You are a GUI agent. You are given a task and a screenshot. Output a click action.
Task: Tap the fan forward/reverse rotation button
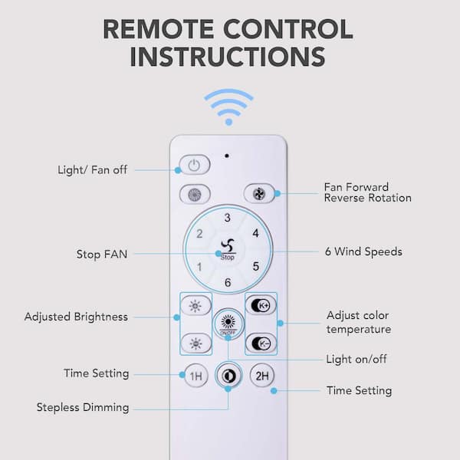tap(259, 194)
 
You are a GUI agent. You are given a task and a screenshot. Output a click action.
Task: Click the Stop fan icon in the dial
tap(228, 249)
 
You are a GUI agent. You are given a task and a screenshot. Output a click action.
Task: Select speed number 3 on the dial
tap(228, 218)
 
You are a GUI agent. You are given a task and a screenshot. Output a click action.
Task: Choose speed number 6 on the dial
tap(228, 282)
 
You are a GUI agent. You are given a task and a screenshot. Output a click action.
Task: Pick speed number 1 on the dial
tap(199, 267)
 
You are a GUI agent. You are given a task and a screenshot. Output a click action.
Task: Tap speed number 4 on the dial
tap(256, 234)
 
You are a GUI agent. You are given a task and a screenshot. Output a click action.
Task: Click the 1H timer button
tap(196, 376)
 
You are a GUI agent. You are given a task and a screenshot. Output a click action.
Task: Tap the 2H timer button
tap(262, 376)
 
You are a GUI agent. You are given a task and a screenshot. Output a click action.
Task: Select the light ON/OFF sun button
tap(228, 324)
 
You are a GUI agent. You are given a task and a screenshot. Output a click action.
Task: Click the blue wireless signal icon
tap(228, 107)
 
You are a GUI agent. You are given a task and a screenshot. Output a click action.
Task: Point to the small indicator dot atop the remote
tap(227, 156)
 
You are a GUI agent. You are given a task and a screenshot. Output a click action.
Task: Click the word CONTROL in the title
tap(287, 29)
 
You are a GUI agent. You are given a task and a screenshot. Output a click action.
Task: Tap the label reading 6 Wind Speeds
tap(363, 252)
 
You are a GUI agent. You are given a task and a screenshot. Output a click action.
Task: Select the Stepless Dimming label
tap(83, 408)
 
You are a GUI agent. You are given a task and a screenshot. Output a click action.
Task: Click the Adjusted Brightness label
tap(76, 317)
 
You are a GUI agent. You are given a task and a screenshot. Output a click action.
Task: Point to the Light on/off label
tap(356, 359)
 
